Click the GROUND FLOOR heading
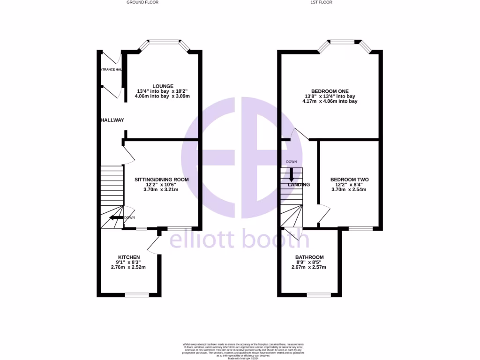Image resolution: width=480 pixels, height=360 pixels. point(142,2)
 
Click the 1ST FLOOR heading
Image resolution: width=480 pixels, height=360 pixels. point(321,2)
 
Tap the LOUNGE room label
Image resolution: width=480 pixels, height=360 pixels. point(163,86)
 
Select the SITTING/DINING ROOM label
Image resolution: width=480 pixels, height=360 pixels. point(162,180)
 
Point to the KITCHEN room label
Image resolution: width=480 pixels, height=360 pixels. point(129,257)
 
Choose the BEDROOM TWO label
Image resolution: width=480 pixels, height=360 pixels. point(349,180)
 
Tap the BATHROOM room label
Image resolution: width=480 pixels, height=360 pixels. point(309,257)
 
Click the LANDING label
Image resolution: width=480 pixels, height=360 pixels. point(299,185)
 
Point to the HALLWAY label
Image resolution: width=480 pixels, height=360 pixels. point(112,120)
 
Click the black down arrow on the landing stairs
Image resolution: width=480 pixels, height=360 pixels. point(291,174)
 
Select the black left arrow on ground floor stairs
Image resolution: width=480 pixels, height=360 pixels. point(115,217)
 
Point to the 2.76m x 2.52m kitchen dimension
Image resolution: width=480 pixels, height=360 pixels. point(128,268)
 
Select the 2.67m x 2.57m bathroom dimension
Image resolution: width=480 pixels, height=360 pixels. point(309,268)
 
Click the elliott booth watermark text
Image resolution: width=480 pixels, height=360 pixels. point(239,240)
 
